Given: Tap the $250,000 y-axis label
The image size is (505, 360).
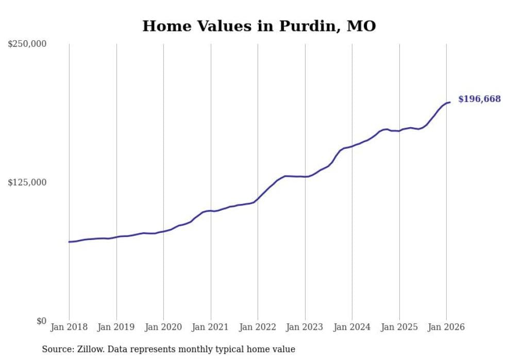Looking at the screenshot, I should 27,44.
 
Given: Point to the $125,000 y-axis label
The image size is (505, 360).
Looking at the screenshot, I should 27,183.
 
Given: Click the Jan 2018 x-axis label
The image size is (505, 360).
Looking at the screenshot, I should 69,327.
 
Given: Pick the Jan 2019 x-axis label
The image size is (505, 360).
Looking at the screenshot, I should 116,327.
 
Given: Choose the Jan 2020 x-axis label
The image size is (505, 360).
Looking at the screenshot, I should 163,327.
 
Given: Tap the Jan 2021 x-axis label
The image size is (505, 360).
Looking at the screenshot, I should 211,327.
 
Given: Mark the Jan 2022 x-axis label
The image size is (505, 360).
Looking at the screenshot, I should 258,327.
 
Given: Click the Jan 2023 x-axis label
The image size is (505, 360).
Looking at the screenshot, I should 305,327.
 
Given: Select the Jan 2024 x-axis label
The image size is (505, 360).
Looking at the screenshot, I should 352,327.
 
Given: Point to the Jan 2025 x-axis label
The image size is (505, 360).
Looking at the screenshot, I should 399,327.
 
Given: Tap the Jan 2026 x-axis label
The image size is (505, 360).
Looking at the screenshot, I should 446,327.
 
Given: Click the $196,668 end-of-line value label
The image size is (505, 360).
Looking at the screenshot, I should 479,99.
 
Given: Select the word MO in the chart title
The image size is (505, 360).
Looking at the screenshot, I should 361,26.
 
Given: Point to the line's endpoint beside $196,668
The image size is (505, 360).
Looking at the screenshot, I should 450,102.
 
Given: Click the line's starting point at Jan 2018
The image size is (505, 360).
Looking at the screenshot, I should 69,242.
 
